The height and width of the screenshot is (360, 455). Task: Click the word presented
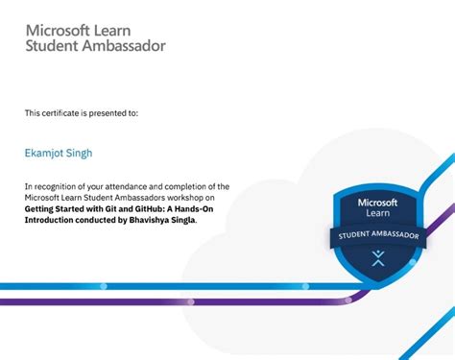(108, 113)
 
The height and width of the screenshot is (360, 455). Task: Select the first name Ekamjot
(44, 151)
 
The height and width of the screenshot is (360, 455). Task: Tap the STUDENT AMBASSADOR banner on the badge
(376, 235)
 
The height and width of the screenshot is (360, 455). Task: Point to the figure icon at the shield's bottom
(376, 257)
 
